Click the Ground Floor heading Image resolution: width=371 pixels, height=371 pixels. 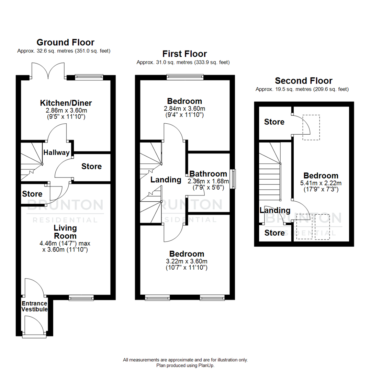tap(65, 42)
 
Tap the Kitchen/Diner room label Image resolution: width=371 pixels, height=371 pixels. tap(66, 103)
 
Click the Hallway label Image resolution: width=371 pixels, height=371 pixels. tap(57, 153)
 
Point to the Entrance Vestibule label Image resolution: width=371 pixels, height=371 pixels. tap(34, 306)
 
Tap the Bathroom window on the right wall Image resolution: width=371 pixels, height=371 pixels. tap(233, 179)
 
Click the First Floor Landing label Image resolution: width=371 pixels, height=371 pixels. tap(166, 179)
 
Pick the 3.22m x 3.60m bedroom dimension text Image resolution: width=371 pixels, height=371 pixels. tap(187, 261)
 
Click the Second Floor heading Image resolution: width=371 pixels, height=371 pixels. tap(304, 81)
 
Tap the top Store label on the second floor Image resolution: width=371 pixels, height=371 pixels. tap(274, 122)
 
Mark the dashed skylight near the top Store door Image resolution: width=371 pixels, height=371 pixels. tap(311, 127)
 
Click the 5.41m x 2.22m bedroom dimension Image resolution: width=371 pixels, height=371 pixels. tap(321, 183)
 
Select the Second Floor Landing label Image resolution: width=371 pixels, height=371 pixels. tap(275, 210)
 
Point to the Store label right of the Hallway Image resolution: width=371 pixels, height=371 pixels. tap(91, 166)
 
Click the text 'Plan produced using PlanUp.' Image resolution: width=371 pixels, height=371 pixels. tap(185, 366)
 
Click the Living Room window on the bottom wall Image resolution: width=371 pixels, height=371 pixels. tap(81, 297)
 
